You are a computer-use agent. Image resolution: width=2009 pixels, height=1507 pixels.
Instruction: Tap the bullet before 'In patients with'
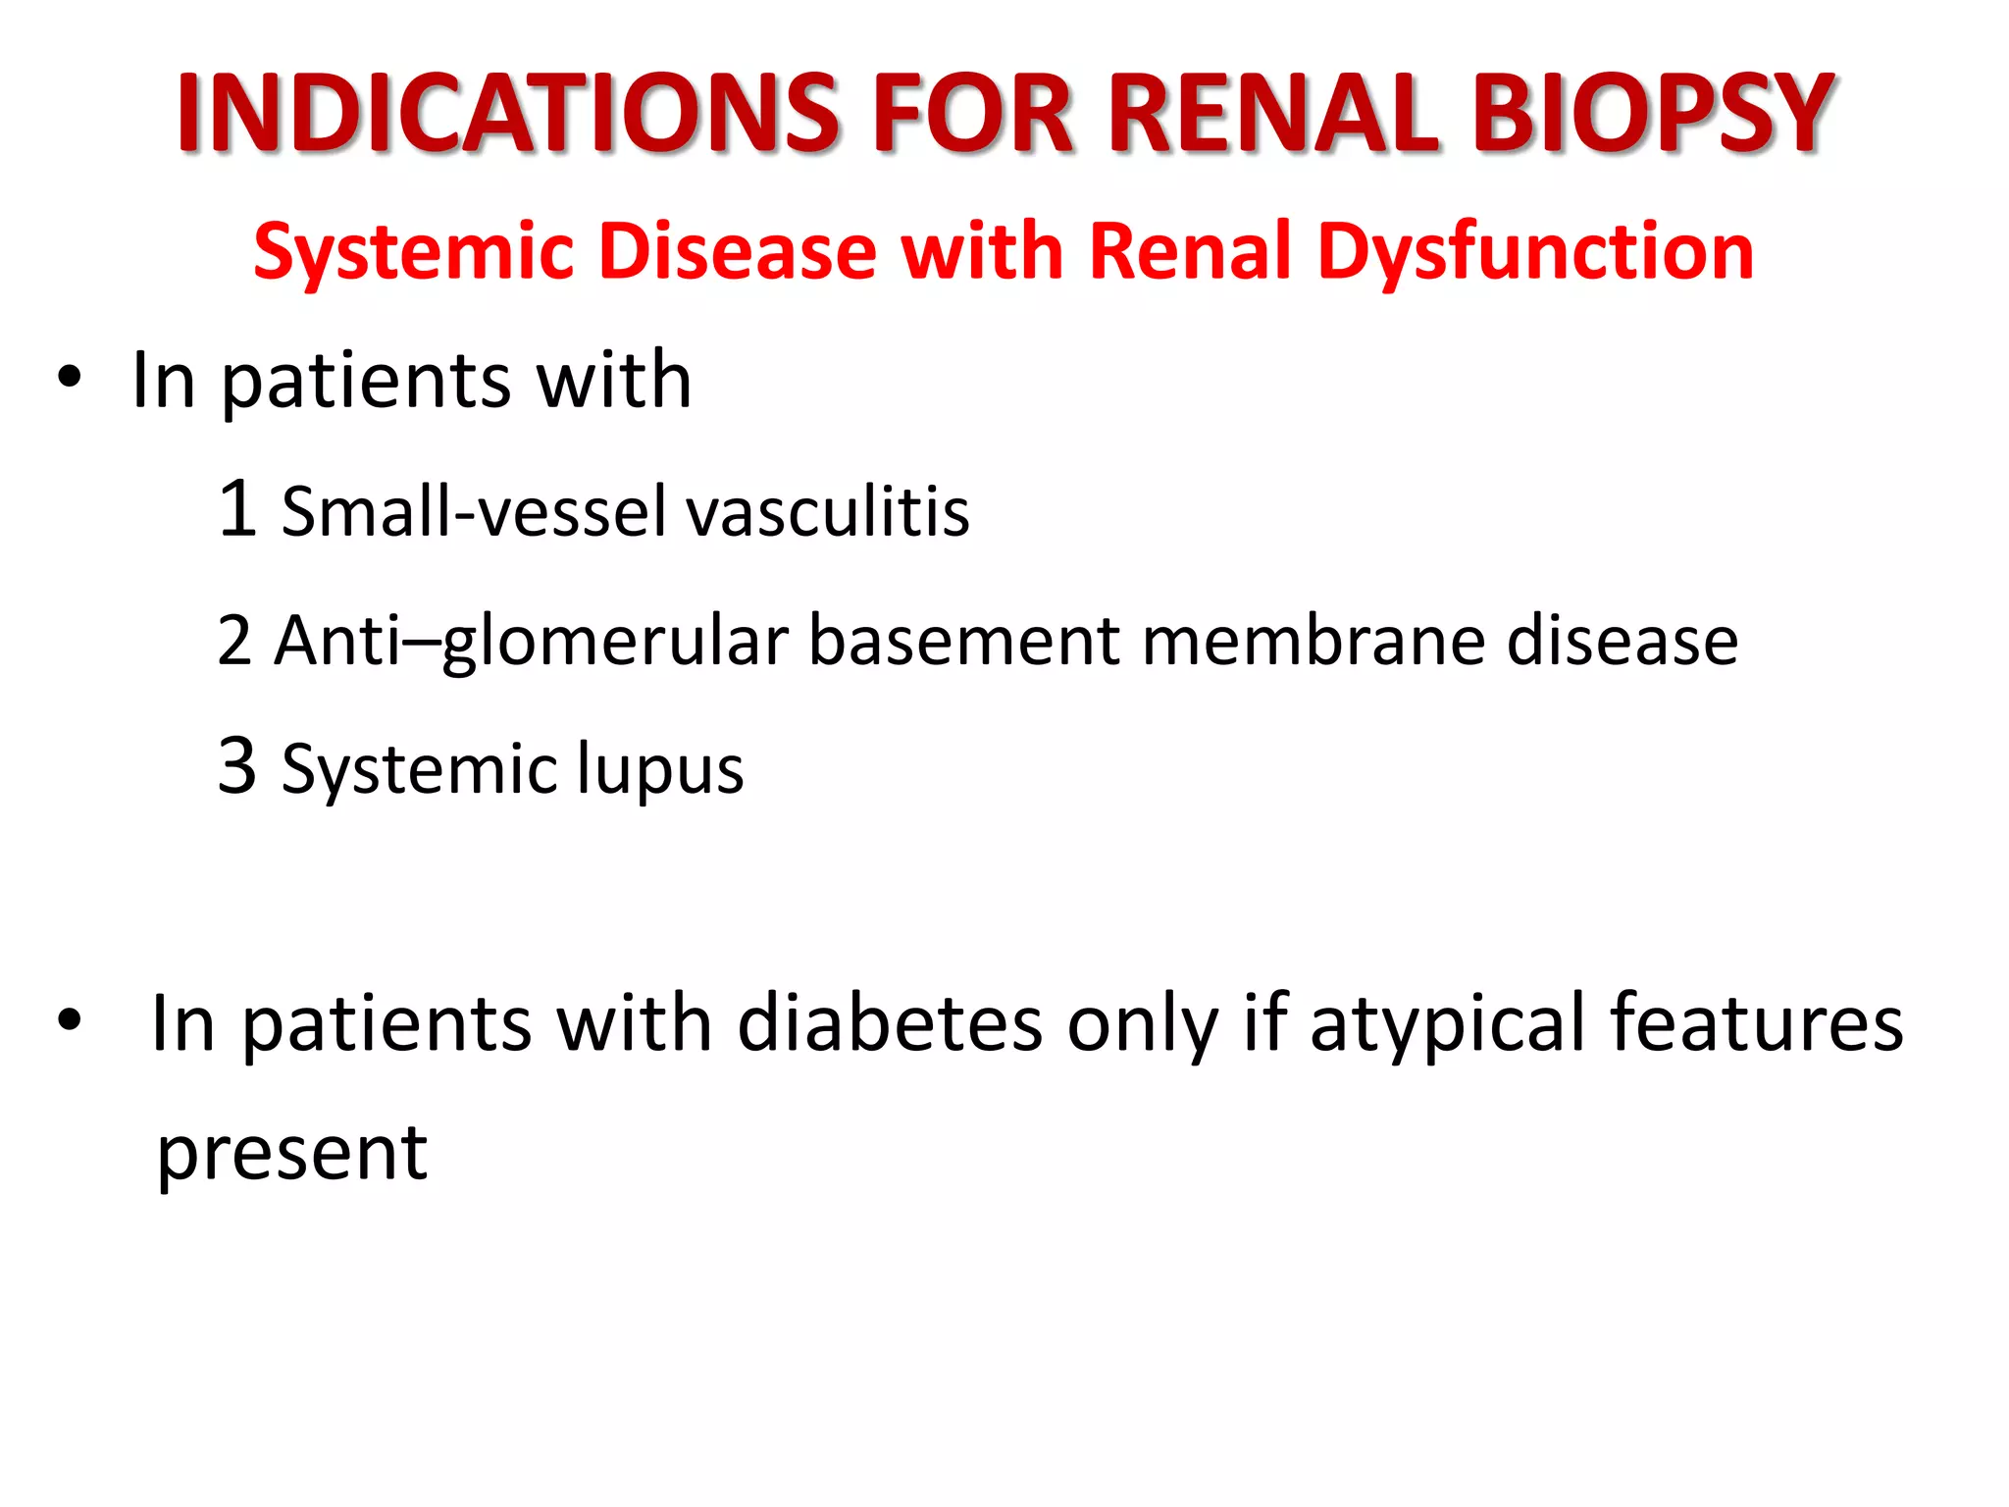coord(69,379)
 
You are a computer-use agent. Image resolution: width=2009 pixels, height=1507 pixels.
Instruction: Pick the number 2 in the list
coord(234,641)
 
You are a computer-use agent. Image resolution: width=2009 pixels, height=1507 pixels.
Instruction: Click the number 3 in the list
coord(237,766)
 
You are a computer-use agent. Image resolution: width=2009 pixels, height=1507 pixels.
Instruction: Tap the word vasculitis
coord(827,511)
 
